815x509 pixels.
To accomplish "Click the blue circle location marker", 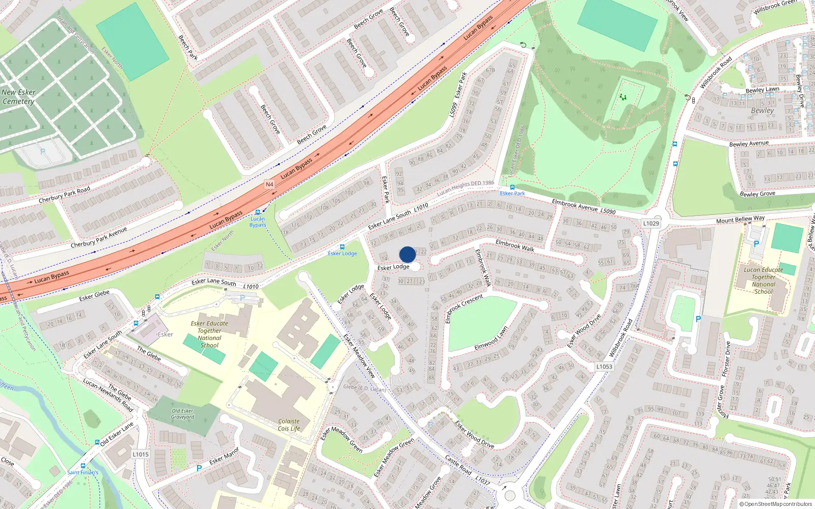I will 407,254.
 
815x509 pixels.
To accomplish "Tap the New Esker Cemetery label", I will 18,97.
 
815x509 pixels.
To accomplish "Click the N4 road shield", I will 269,184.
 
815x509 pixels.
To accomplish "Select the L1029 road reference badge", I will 650,223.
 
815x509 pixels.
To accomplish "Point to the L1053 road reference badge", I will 604,366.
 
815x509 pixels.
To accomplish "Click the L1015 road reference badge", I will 141,454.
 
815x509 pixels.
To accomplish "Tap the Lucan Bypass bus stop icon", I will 258,212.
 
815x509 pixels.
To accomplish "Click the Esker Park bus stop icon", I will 512,187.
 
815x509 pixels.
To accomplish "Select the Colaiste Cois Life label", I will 289,425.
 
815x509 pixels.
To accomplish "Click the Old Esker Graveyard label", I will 182,414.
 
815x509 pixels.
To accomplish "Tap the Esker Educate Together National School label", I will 209,334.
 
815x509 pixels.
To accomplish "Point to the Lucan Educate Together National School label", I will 763,280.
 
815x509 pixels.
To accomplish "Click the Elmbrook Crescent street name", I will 464,307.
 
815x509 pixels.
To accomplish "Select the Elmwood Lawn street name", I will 491,338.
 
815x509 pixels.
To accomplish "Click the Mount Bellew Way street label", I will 740,219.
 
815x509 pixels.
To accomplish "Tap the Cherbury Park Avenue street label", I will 98,238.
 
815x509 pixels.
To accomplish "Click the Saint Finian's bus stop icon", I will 97,443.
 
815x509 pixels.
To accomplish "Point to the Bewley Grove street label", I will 757,194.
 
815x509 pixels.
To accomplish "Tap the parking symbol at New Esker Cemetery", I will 43,152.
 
